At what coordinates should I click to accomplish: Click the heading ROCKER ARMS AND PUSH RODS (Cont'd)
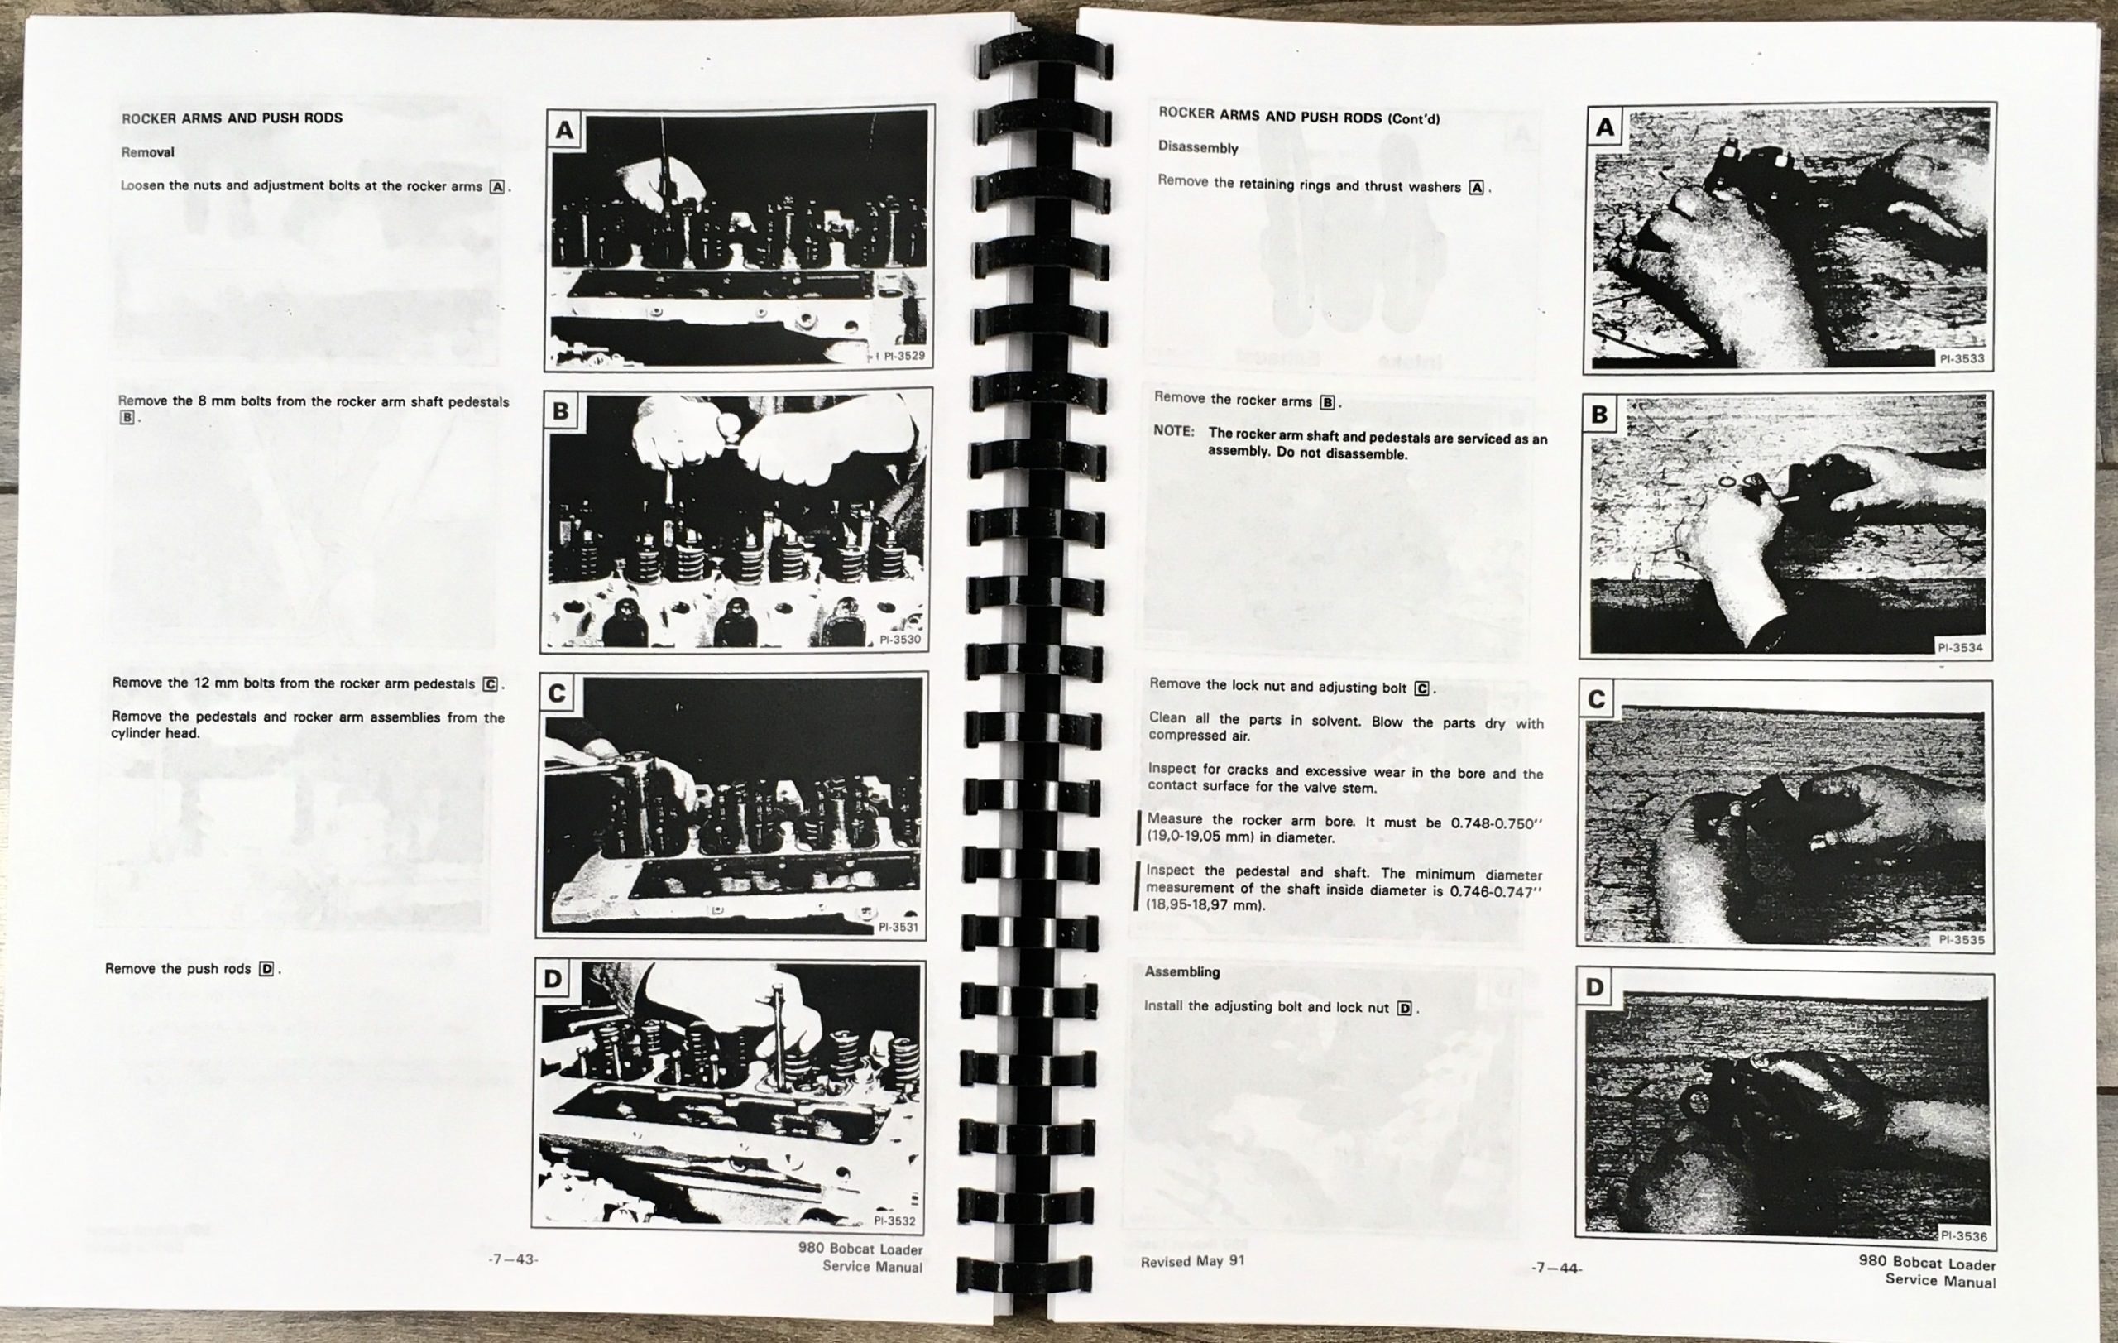click(x=1299, y=115)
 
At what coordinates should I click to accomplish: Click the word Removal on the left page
click(x=148, y=152)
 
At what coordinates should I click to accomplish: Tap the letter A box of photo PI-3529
click(x=565, y=131)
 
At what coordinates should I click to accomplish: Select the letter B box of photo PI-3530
click(x=560, y=410)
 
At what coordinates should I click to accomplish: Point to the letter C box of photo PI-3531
click(x=556, y=694)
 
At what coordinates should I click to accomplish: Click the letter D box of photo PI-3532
click(x=552, y=979)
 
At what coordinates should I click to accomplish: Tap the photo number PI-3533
click(x=1962, y=359)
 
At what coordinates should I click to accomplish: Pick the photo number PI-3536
click(x=1964, y=1235)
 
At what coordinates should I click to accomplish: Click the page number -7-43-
click(x=513, y=1259)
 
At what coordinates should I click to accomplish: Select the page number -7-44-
click(x=1556, y=1268)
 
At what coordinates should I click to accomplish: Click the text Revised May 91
click(x=1192, y=1262)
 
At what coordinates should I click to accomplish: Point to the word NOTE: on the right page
click(x=1173, y=431)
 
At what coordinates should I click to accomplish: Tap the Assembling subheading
click(x=1181, y=971)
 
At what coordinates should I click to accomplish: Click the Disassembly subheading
click(x=1197, y=146)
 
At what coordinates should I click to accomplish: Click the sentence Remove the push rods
click(x=178, y=968)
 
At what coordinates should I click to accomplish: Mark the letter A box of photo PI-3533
click(x=1605, y=128)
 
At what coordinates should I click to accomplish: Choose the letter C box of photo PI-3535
click(x=1597, y=700)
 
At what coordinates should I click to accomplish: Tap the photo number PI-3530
click(x=900, y=640)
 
